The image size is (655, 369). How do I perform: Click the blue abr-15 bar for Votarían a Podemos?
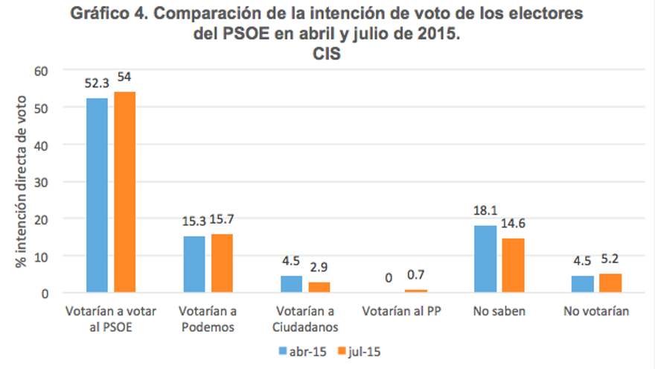[x=194, y=265]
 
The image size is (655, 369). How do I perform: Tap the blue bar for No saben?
[x=485, y=259]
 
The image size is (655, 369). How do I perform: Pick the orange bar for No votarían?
[x=610, y=283]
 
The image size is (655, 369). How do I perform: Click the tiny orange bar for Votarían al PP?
[x=415, y=291]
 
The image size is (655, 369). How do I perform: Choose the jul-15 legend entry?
[x=364, y=350]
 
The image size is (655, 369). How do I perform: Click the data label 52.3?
[x=97, y=83]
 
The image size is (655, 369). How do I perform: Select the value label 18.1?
[x=485, y=210]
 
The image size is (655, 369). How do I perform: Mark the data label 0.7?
[x=416, y=275]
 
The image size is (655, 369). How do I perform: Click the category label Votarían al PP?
[x=403, y=312]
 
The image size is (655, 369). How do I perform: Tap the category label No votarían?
[x=597, y=312]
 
